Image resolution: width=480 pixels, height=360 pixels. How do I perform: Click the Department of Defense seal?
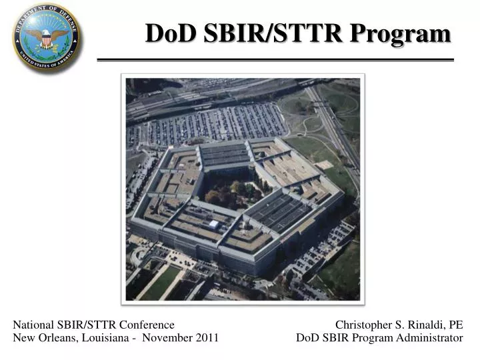click(46, 37)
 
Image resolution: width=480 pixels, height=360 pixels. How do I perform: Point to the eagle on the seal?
click(46, 37)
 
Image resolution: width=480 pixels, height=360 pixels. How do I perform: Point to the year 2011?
click(207, 338)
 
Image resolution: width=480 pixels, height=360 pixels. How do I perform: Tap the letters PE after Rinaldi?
click(455, 325)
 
